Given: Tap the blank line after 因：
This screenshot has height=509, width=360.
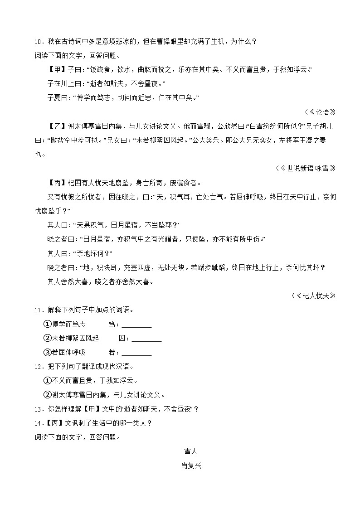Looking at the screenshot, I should (146, 339).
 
